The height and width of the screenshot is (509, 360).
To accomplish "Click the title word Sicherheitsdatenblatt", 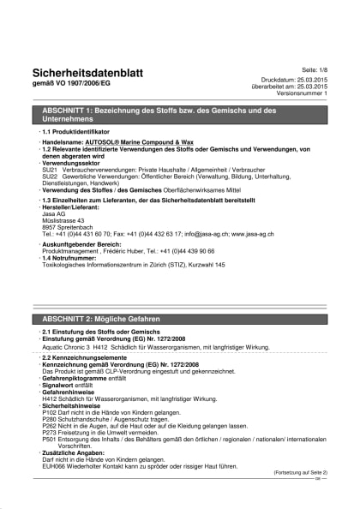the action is [x=87, y=73].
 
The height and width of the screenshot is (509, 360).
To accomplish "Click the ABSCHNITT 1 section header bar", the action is [x=179, y=116].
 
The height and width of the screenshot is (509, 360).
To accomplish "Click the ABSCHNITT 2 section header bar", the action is [x=179, y=316].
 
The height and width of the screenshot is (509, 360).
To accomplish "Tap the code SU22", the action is [x=49, y=177].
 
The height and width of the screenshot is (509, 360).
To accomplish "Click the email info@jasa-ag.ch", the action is [x=195, y=234].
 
